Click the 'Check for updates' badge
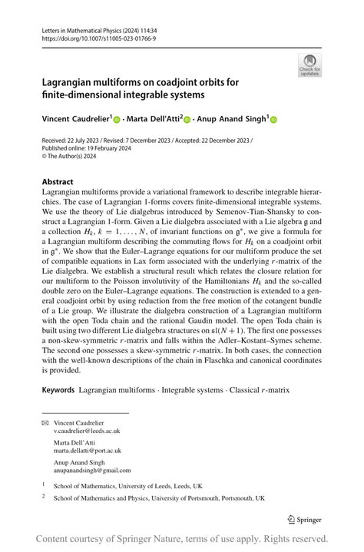(309, 65)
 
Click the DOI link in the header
(91, 37)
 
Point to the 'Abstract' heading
(58, 183)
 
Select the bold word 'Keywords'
(58, 391)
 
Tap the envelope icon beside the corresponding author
(45, 423)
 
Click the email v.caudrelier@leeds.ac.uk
(87, 432)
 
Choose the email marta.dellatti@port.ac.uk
(88, 451)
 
